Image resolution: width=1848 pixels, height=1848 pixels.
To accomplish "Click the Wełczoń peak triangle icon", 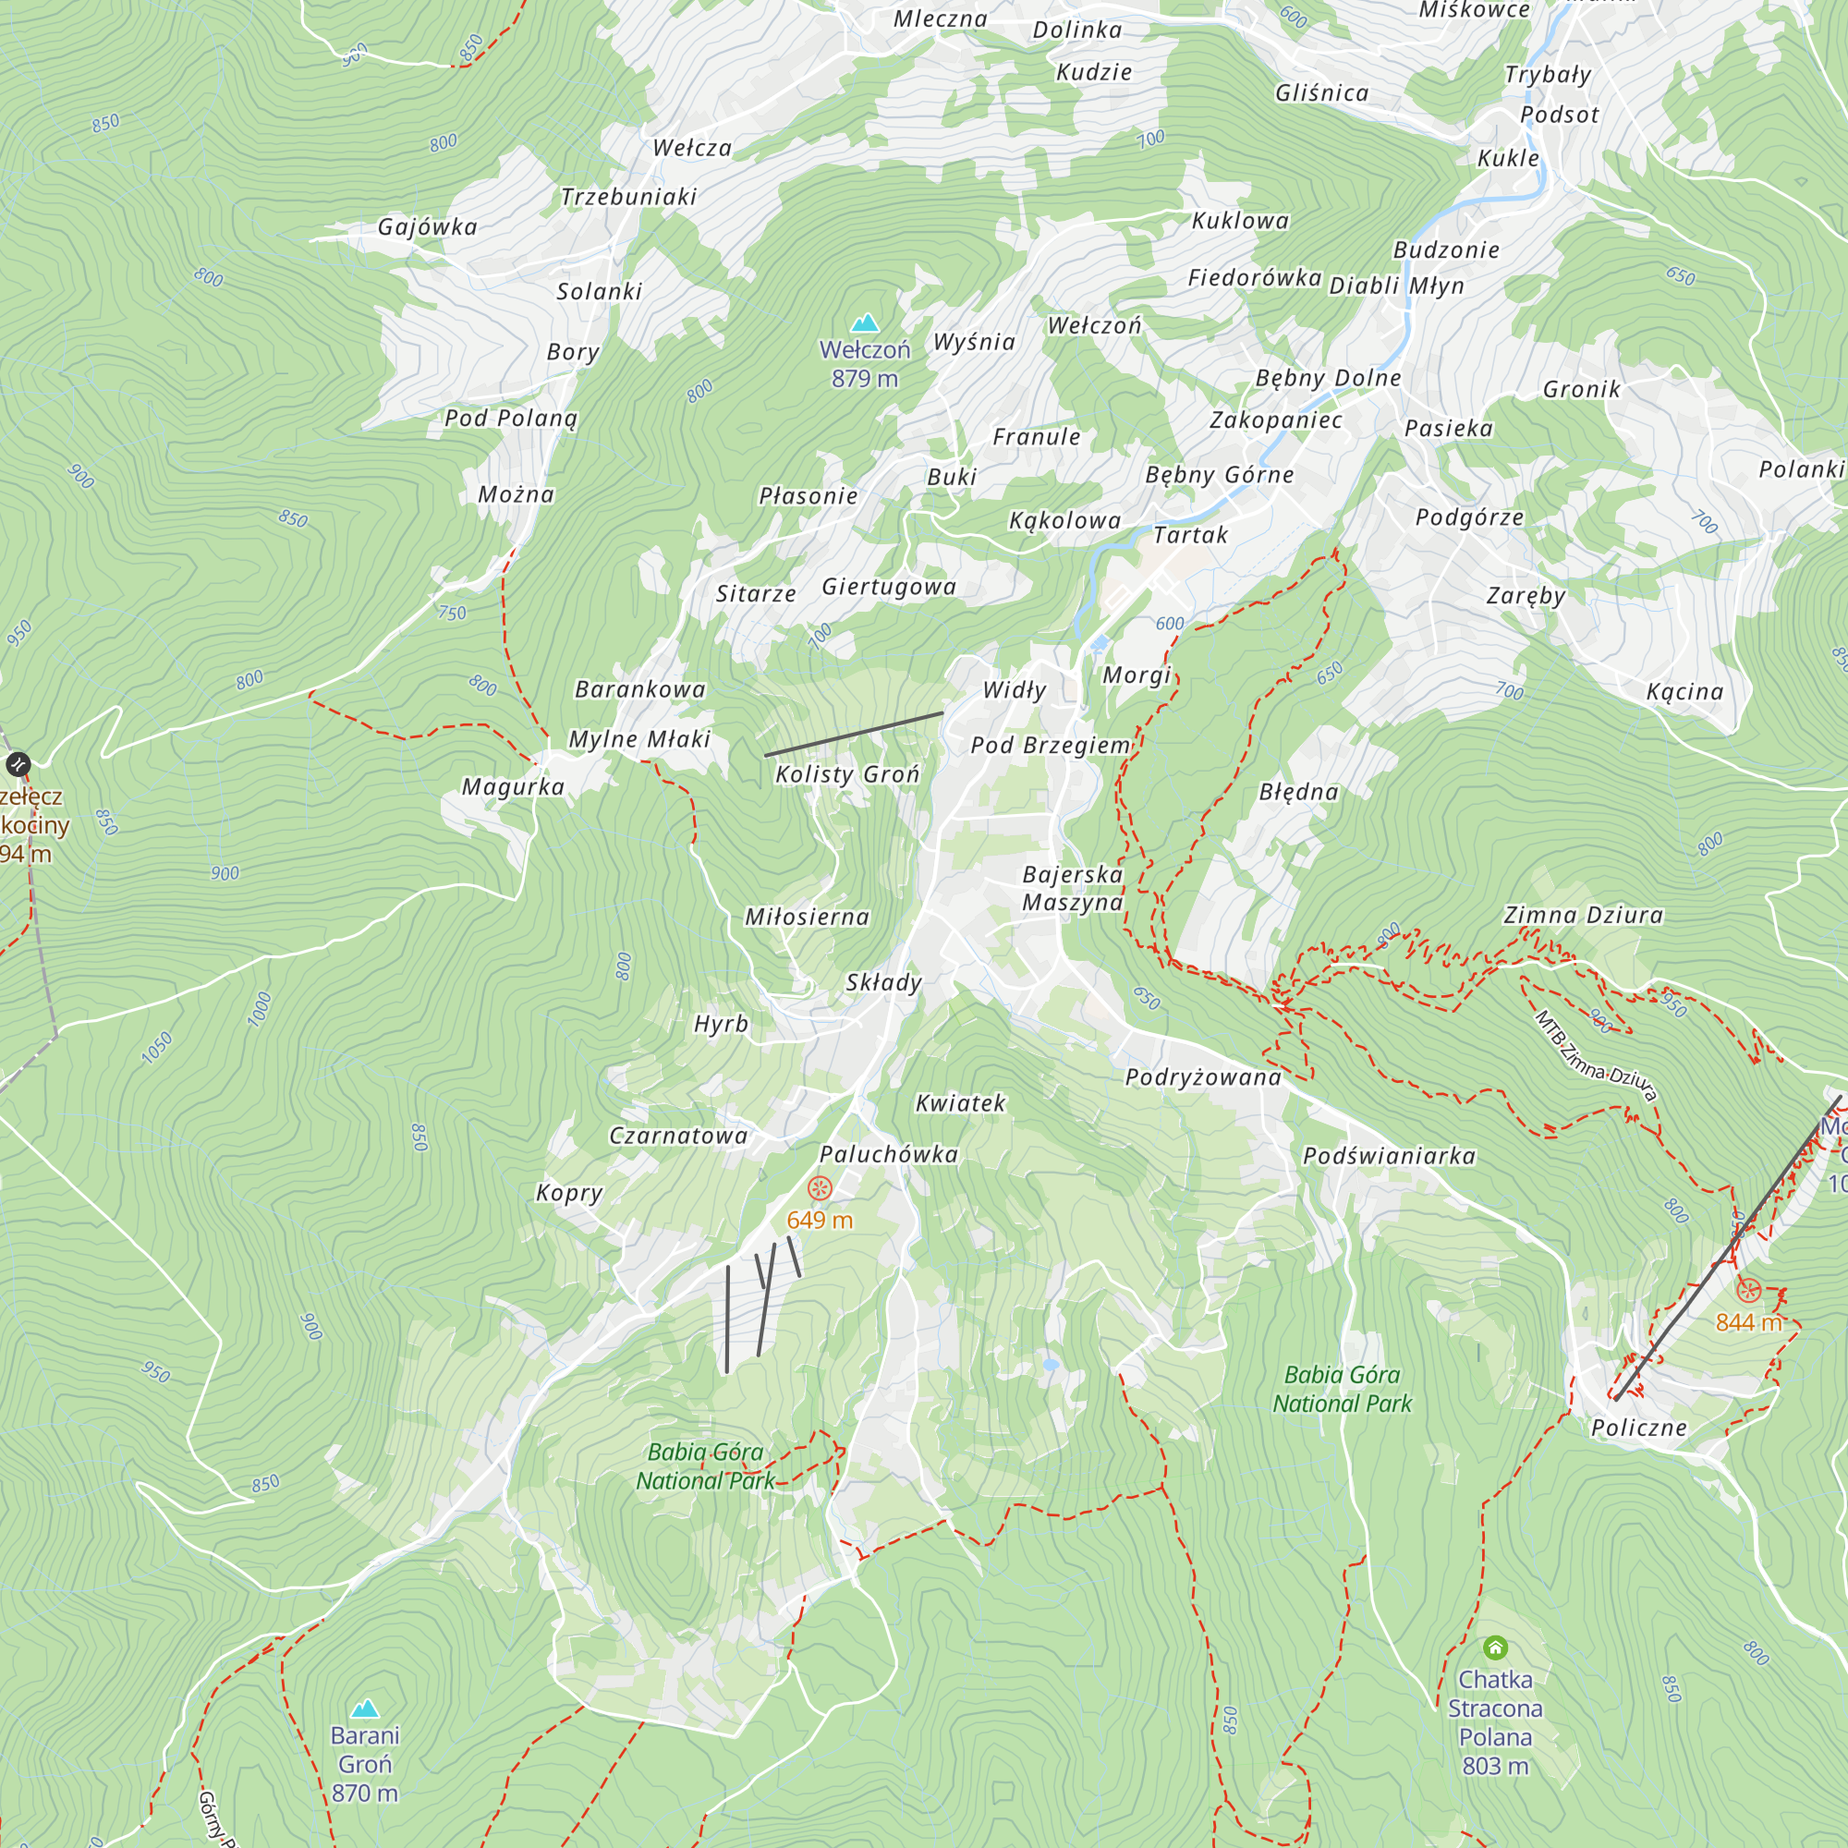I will (865, 323).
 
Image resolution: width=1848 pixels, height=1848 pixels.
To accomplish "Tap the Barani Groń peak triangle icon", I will (364, 1708).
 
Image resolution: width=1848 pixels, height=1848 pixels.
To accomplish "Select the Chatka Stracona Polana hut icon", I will (1495, 1647).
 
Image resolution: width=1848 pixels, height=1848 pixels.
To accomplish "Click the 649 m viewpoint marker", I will (820, 1189).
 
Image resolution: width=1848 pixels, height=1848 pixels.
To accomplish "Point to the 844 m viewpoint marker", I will (1748, 1290).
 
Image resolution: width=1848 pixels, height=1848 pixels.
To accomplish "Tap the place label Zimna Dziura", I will (1583, 916).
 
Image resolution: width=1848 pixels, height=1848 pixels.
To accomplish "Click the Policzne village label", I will (1638, 1429).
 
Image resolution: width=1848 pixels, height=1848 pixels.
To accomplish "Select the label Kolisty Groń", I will (847, 775).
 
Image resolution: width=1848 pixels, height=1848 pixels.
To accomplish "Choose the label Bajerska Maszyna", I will (1072, 889).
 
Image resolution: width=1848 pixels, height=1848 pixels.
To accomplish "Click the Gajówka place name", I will (427, 227).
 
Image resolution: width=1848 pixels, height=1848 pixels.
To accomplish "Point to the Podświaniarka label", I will (1389, 1157).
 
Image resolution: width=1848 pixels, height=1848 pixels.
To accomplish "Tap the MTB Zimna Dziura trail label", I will (1595, 1057).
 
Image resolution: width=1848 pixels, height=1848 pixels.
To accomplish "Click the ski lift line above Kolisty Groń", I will (853, 734).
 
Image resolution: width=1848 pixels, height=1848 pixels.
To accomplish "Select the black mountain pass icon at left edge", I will (18, 764).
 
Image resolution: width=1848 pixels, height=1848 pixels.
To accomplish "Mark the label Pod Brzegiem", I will (1051, 745).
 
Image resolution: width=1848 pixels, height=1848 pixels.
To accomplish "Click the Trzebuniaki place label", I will (628, 197).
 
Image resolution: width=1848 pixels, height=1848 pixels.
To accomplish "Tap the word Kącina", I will (1684, 691).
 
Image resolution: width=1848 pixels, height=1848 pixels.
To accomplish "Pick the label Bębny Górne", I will (1220, 475).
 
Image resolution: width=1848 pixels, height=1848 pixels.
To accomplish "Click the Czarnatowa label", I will (678, 1137).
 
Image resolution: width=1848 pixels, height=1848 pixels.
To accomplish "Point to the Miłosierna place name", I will (808, 918).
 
